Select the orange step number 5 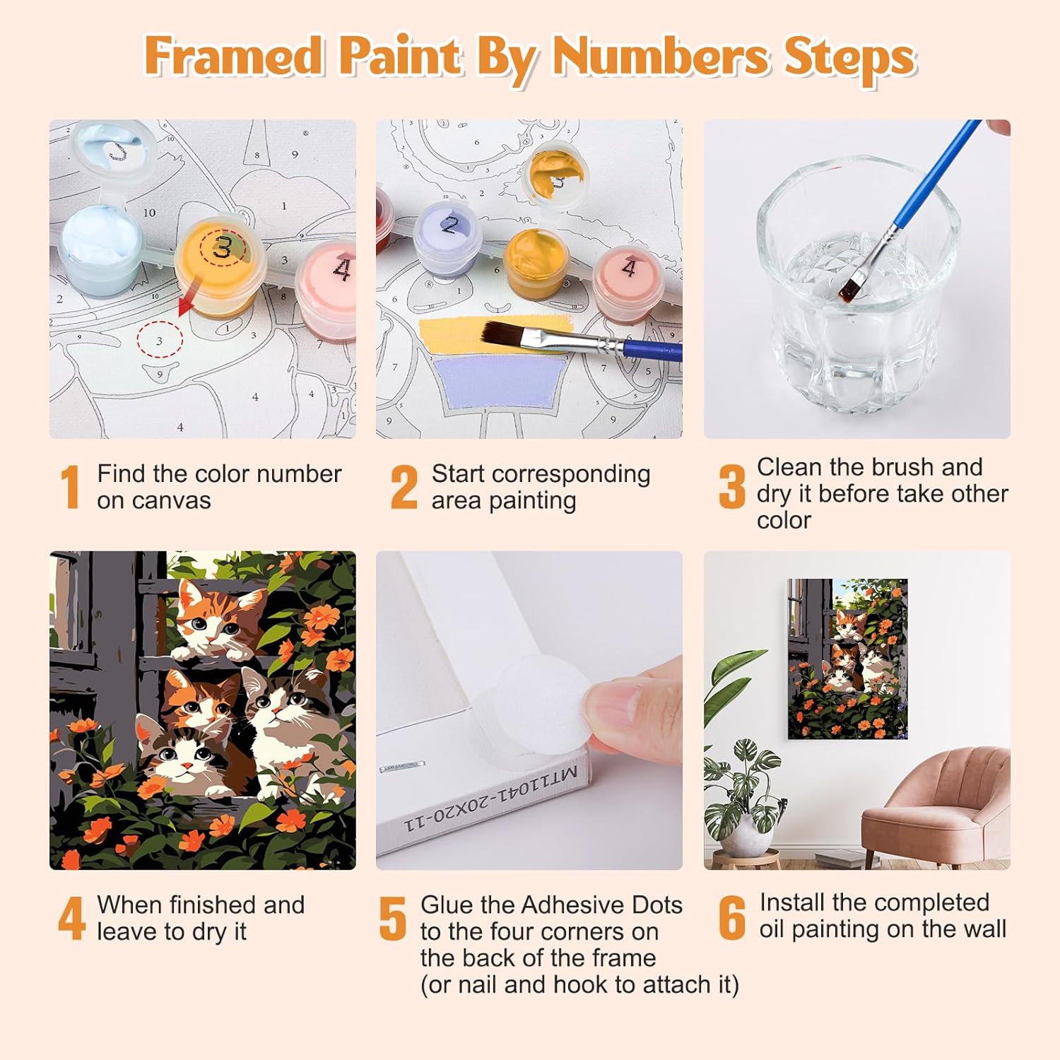pyautogui.click(x=393, y=919)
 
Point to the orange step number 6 pyautogui.click(x=732, y=918)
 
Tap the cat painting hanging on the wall pyautogui.click(x=847, y=659)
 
